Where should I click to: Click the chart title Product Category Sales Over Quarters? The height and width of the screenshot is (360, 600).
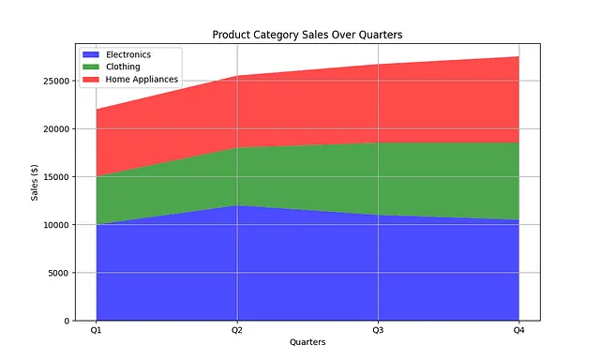[x=307, y=35]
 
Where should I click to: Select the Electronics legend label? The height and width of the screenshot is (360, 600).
[x=128, y=54]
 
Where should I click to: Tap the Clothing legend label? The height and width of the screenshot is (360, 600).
[x=123, y=67]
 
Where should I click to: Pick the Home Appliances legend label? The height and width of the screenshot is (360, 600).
[x=142, y=79]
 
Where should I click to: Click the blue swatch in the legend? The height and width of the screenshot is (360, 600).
[x=91, y=54]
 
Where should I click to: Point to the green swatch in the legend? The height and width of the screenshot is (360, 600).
[x=91, y=67]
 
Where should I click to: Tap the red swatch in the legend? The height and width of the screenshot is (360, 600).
[x=91, y=79]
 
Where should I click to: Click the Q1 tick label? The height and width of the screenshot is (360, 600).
[x=96, y=330]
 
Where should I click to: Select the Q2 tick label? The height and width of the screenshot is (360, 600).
[x=237, y=330]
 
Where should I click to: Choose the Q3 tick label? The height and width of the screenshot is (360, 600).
[x=378, y=330]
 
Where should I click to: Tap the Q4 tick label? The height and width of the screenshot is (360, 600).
[x=518, y=330]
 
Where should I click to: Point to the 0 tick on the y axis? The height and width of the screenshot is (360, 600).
[x=67, y=321]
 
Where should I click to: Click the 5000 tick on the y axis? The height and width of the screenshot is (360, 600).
[x=59, y=273]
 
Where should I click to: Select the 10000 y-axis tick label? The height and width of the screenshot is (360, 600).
[x=56, y=225]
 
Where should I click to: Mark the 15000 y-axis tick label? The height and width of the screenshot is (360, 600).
[x=56, y=177]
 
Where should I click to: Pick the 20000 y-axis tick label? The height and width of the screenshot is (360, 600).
[x=56, y=129]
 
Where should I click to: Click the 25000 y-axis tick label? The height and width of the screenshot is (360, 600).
[x=56, y=82]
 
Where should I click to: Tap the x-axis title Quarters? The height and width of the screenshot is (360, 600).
[x=307, y=342]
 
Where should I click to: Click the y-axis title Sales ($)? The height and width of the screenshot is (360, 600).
[x=35, y=183]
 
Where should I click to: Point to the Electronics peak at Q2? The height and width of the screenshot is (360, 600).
[x=237, y=205]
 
